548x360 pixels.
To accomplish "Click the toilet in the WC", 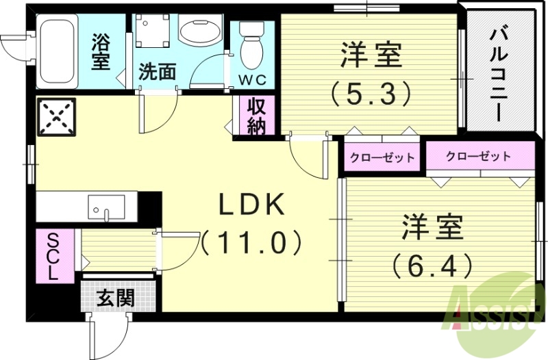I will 253,44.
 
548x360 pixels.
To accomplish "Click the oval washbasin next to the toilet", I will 199,31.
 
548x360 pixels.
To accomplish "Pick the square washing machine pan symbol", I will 152,30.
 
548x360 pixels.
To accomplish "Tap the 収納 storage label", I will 256,116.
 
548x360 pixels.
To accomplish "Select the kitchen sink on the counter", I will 107,205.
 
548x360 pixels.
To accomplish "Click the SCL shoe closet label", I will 53,255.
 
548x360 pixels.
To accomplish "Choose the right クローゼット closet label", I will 478,156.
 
